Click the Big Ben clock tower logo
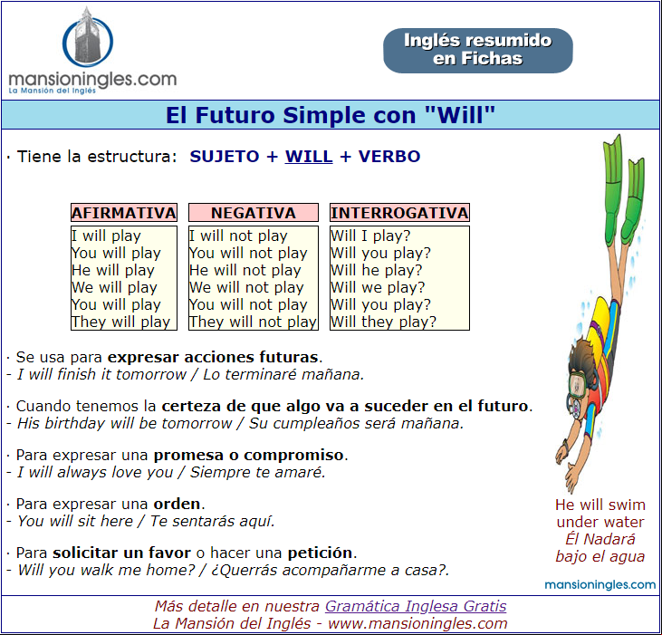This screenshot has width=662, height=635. click(x=88, y=37)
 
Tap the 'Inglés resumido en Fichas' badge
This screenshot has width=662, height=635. click(x=477, y=50)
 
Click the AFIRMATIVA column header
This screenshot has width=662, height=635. click(x=124, y=212)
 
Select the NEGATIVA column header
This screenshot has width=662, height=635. click(x=254, y=212)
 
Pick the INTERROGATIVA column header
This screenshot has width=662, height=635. click(x=399, y=212)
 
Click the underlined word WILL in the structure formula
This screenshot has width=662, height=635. click(x=309, y=156)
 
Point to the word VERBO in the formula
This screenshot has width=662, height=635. click(x=389, y=156)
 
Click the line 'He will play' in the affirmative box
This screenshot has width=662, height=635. click(x=113, y=270)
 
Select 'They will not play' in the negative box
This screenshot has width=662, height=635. click(x=253, y=322)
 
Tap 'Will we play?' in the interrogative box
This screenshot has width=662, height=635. click(x=378, y=287)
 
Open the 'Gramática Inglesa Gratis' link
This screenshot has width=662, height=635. click(x=416, y=606)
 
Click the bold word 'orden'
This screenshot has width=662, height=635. click(x=177, y=504)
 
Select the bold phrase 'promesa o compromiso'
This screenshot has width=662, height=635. click(x=248, y=455)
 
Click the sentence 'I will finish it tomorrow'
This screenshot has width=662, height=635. click(x=101, y=374)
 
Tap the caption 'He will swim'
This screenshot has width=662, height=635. click(x=600, y=505)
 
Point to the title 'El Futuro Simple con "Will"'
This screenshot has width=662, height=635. click(x=331, y=115)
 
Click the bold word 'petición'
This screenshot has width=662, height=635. click(x=320, y=553)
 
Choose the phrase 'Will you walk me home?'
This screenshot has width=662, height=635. click(x=106, y=570)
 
